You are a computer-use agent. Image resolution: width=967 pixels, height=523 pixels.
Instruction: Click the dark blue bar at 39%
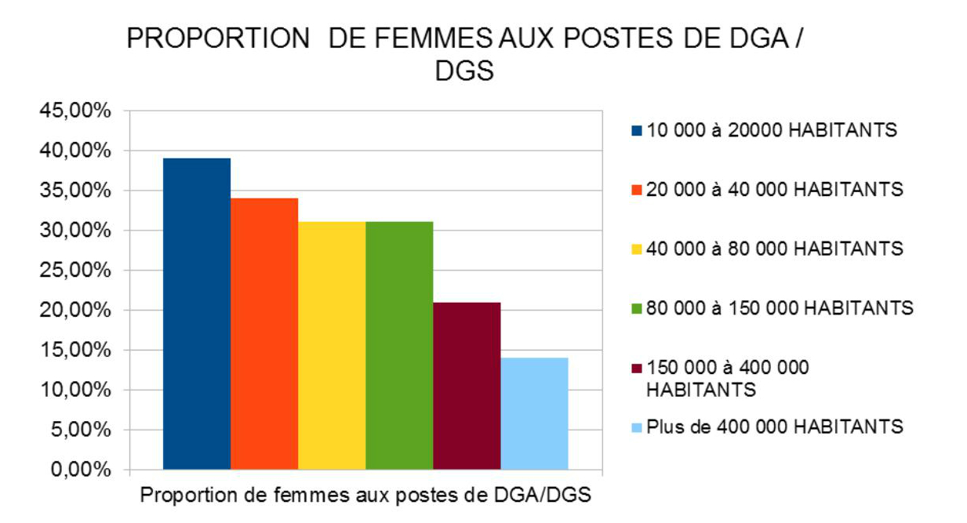click(x=196, y=314)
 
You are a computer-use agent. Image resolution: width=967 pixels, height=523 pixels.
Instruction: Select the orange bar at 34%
click(x=264, y=334)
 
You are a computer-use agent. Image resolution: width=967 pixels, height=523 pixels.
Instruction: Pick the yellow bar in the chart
click(x=331, y=346)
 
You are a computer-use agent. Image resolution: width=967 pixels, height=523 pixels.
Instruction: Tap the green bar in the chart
click(x=398, y=346)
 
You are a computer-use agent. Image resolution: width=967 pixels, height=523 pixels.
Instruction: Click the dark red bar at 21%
click(x=466, y=386)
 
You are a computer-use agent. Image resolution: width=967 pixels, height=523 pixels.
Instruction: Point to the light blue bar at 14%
click(x=533, y=413)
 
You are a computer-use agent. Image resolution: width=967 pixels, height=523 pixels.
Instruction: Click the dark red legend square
click(x=636, y=368)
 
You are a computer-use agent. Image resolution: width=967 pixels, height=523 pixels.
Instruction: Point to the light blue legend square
click(x=636, y=427)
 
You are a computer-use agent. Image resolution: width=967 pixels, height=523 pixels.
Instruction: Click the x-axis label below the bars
click(x=365, y=496)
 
